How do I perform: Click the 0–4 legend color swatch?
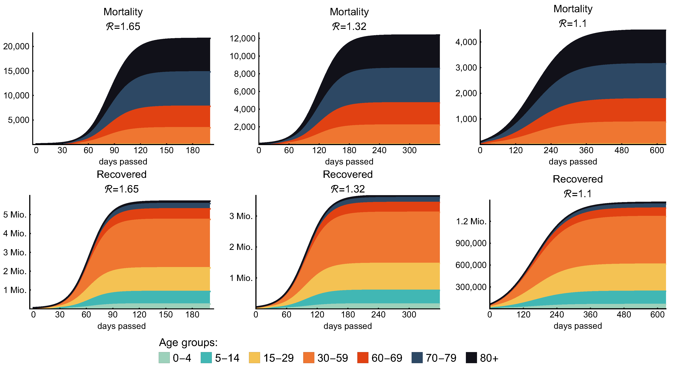(164, 358)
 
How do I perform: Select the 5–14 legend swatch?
(206, 358)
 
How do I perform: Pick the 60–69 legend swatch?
(363, 358)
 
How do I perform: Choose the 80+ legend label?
(489, 358)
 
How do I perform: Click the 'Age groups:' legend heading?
(188, 342)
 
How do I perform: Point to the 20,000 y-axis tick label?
(16, 46)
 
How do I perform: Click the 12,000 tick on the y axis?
(242, 39)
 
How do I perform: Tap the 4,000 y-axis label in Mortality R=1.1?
(466, 42)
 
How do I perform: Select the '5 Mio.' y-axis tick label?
(15, 215)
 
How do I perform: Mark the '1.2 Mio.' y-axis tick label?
(471, 221)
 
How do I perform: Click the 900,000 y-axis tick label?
(471, 243)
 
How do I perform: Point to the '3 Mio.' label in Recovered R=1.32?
(241, 216)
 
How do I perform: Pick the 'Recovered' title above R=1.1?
(578, 179)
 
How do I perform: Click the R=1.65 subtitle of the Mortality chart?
(123, 26)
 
